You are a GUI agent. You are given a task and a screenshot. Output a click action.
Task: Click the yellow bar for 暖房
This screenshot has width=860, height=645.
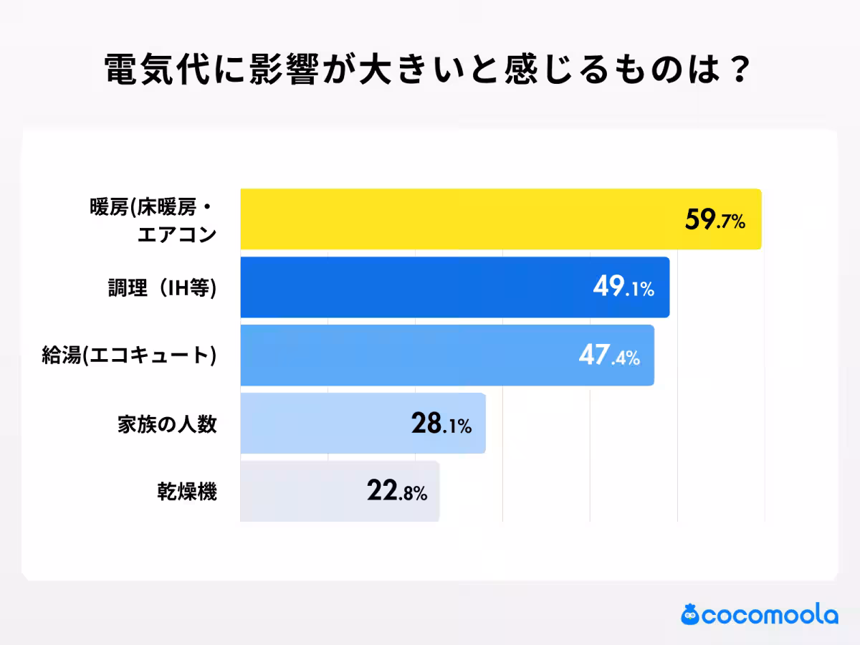click(x=459, y=219)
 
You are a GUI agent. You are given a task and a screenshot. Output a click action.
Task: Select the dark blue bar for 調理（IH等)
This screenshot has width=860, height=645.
click(x=416, y=287)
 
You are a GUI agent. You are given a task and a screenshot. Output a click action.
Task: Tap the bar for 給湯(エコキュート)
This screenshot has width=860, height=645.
click(x=408, y=355)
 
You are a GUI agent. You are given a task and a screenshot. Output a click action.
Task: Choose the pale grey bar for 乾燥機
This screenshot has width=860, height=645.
click(x=301, y=492)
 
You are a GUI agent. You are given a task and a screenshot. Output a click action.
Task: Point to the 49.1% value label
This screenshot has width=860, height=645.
click(x=623, y=288)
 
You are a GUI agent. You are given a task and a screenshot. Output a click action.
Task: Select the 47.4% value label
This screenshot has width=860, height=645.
click(x=608, y=356)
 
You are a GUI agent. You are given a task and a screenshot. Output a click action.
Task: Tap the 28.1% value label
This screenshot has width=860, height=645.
click(x=441, y=424)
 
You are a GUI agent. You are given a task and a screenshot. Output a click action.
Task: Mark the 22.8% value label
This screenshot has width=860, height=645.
click(x=396, y=492)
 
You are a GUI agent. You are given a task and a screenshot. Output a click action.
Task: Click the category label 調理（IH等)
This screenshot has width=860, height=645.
click(x=157, y=288)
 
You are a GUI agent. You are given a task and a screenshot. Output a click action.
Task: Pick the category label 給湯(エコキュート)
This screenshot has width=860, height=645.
click(x=129, y=356)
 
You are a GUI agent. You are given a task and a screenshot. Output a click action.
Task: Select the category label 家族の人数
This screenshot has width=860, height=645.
click(x=166, y=424)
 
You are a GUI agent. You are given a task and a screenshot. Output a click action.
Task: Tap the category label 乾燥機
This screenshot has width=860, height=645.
click(x=187, y=492)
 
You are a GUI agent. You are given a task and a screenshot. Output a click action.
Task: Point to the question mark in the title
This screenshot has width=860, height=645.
click(x=740, y=70)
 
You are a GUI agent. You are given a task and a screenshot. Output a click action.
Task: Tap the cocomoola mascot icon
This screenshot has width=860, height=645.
click(x=689, y=614)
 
